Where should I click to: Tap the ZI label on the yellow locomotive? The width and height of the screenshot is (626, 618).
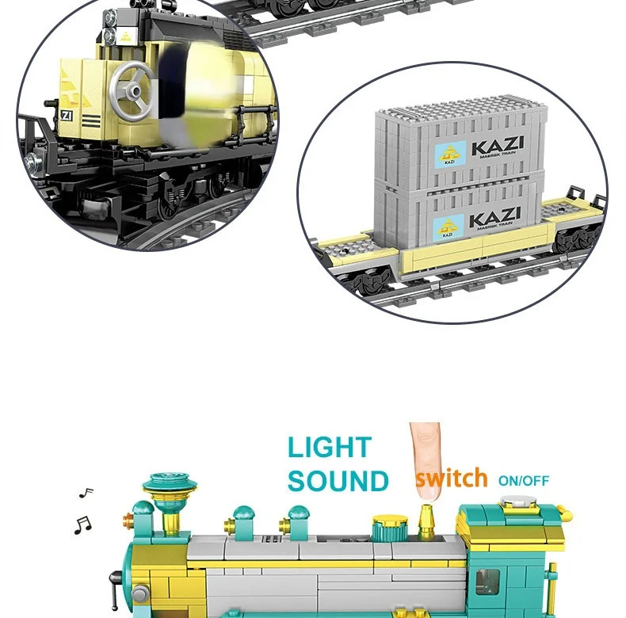click(x=67, y=115)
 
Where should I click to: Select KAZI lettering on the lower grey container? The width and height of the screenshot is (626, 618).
click(x=494, y=217)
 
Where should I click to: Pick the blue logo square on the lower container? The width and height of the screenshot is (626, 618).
click(x=449, y=228)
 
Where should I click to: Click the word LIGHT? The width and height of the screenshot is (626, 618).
click(x=330, y=448)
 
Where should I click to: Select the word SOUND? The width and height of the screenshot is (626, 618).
click(x=338, y=481)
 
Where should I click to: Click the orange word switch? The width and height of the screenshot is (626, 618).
click(x=451, y=479)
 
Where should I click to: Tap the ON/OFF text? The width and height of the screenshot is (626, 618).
click(x=523, y=481)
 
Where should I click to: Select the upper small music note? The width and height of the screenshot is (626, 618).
click(x=86, y=493)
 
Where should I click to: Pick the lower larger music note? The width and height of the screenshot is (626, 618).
click(x=82, y=524)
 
